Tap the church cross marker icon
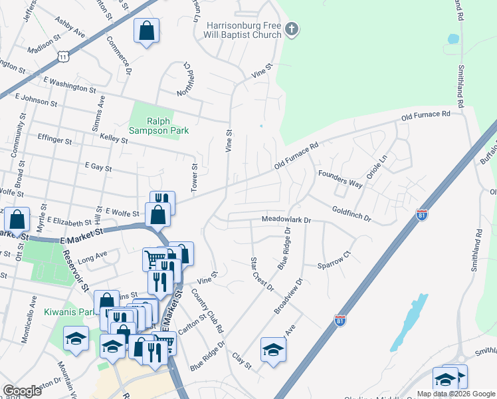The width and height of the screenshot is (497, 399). pyautogui.click(x=292, y=29)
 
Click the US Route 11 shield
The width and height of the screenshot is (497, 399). pyautogui.click(x=63, y=58)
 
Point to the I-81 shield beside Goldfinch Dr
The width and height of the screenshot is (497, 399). pyautogui.click(x=421, y=214)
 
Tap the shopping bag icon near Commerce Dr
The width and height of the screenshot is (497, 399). pyautogui.click(x=146, y=31)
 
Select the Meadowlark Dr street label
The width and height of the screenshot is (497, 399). pyautogui.click(x=286, y=219)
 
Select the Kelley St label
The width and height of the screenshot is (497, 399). pyautogui.click(x=113, y=138)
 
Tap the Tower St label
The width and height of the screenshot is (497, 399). pyautogui.click(x=195, y=179)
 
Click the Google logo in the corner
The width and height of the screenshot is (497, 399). pyautogui.click(x=22, y=391)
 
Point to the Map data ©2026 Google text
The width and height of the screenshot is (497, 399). pyautogui.click(x=456, y=394)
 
